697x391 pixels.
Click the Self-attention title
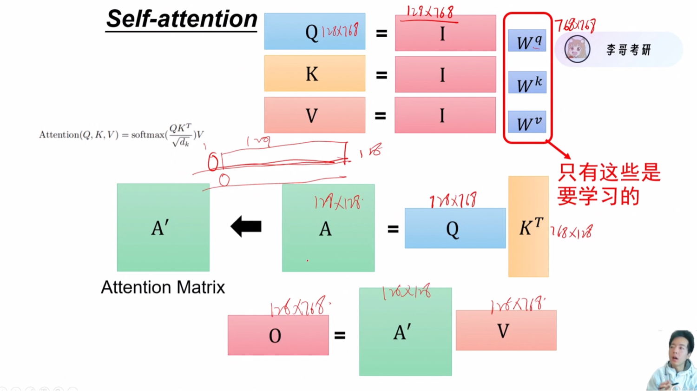point(182,20)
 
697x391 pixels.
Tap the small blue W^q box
point(527,41)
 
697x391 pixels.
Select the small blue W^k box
point(527,82)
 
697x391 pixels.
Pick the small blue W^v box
point(527,122)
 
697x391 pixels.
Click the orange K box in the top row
point(315,73)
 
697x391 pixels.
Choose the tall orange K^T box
point(528,226)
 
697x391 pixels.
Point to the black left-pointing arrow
point(246,226)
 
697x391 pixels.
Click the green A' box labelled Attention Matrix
point(163,227)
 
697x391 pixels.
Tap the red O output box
point(278,335)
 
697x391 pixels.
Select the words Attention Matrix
point(163,287)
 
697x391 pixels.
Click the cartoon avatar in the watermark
point(577,49)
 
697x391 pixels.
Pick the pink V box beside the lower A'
point(506,331)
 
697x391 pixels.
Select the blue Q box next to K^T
point(455,228)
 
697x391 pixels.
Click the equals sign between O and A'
point(340,335)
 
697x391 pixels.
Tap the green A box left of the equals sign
point(328,228)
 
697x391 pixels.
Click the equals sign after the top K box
point(381,75)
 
